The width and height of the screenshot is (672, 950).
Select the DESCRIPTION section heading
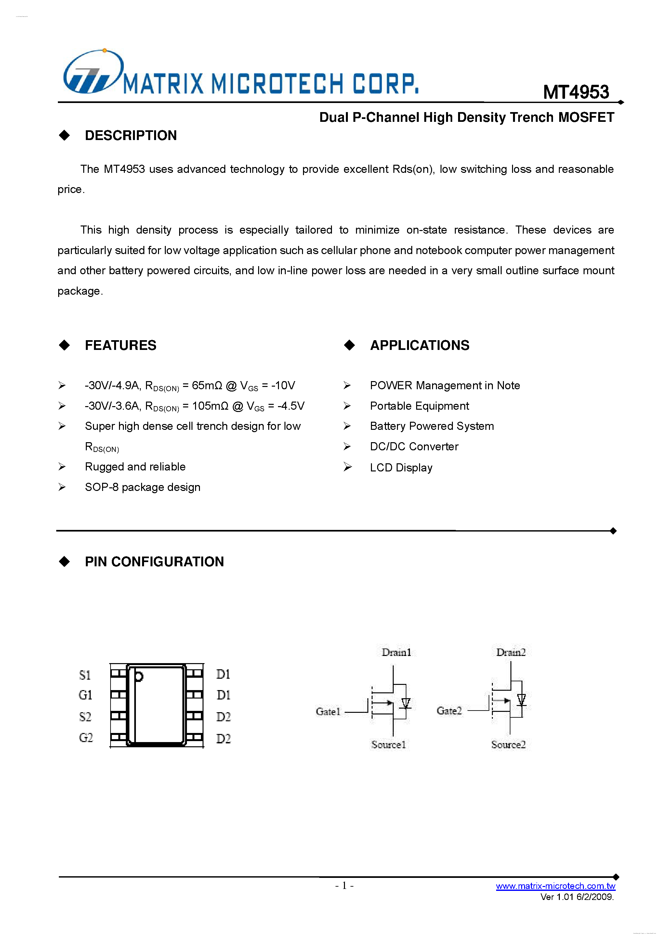coord(130,135)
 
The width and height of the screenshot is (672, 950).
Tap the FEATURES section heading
coord(121,345)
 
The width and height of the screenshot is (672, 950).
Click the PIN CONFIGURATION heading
coord(154,561)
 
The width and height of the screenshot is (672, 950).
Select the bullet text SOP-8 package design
coord(142,487)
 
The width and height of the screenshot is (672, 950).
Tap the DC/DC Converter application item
coord(414,446)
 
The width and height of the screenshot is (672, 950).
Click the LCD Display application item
coord(401,468)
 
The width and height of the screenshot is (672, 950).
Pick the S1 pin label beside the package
coord(85,675)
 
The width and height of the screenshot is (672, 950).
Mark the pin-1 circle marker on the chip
coord(139,676)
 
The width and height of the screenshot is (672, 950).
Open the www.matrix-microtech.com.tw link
coord(555,886)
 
